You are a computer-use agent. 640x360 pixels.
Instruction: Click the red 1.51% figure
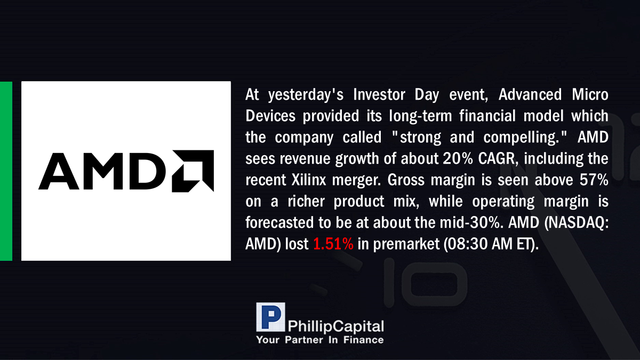click(333, 244)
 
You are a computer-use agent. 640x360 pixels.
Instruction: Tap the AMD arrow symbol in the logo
click(193, 171)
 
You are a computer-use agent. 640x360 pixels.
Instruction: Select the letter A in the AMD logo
click(59, 171)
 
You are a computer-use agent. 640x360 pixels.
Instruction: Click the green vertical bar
click(6, 171)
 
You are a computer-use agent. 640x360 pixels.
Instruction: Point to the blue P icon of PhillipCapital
click(270, 317)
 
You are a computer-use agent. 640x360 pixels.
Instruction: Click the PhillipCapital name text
click(335, 326)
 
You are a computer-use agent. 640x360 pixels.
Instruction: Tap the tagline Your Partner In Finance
click(320, 340)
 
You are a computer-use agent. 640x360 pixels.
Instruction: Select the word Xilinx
click(309, 180)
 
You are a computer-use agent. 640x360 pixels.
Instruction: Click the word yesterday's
click(306, 95)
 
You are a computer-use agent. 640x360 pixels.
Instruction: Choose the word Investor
click(379, 94)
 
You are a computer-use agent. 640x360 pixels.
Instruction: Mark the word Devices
click(270, 116)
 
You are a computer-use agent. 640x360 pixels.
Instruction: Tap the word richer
click(306, 202)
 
